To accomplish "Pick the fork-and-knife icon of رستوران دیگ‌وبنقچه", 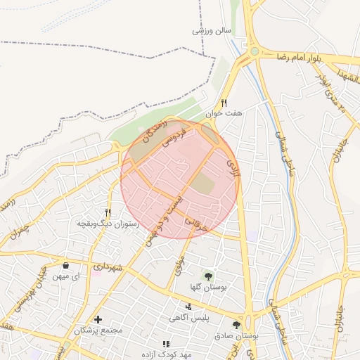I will click(108, 212).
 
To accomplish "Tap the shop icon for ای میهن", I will click(66, 266).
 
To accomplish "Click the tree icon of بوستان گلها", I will click(207, 276).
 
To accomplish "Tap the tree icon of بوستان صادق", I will click(236, 325).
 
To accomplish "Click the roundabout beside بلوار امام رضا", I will click(254, 51).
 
